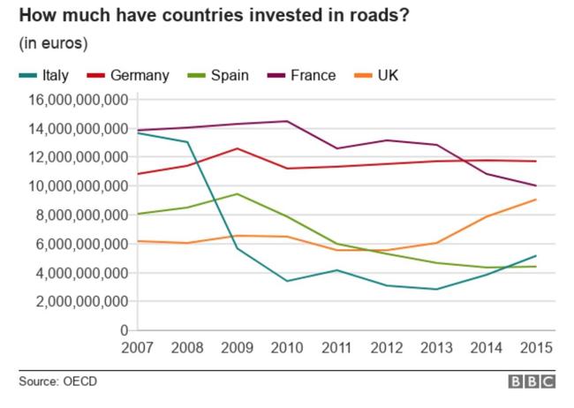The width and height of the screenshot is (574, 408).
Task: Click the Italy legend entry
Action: pyautogui.click(x=49, y=75)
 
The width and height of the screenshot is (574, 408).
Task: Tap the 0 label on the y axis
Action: pyautogui.click(x=123, y=330)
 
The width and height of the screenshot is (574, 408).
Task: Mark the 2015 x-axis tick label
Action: pyautogui.click(x=536, y=348)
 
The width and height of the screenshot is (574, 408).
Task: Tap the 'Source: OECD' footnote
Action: pyautogui.click(x=57, y=382)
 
